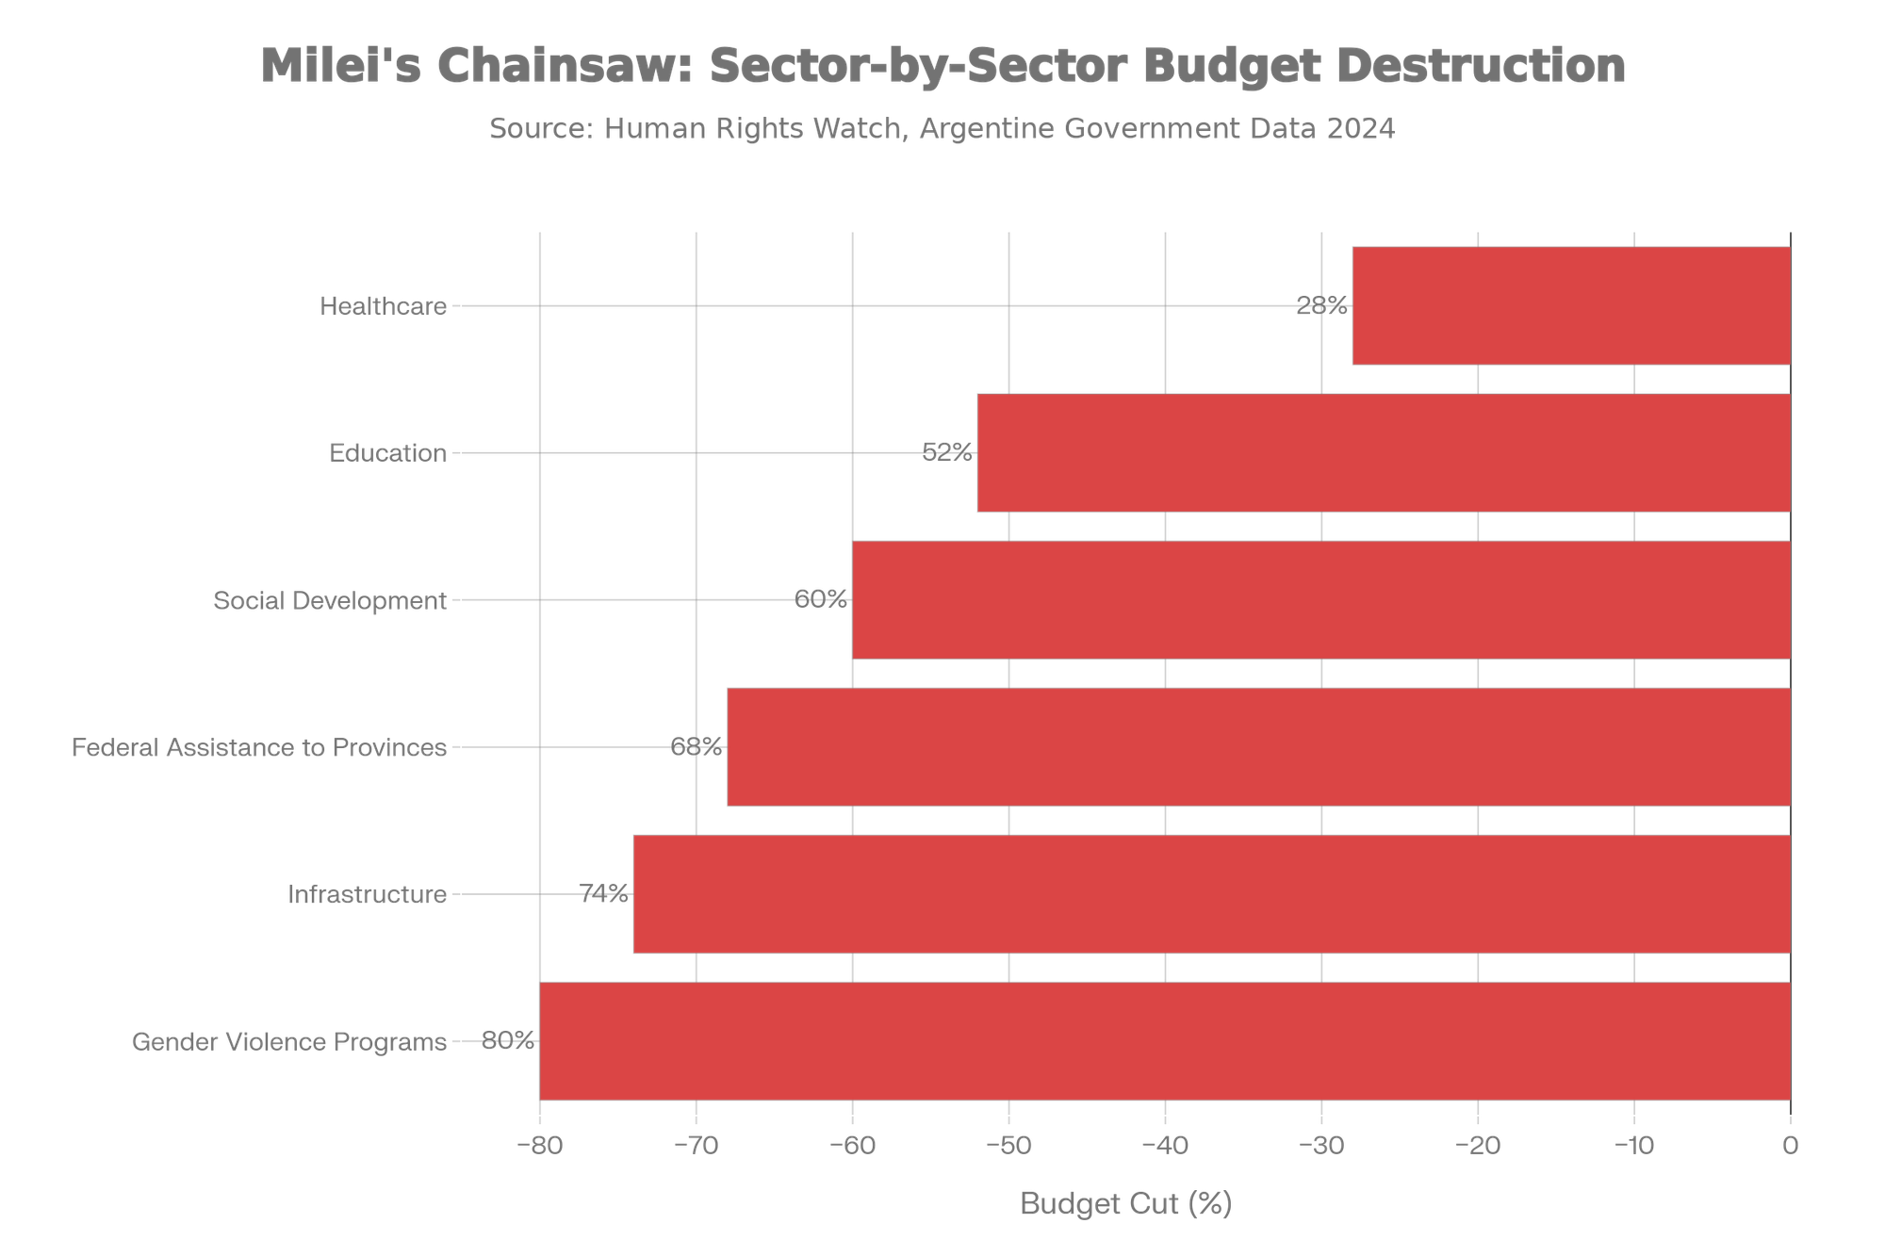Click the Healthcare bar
click(1571, 306)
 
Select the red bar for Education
click(1383, 453)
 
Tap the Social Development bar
click(1320, 600)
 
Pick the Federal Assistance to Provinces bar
click(1258, 747)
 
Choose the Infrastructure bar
click(1211, 894)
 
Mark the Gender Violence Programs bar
click(1164, 1041)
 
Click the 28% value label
click(1322, 306)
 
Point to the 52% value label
click(946, 453)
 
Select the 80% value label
click(508, 1041)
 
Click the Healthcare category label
click(384, 306)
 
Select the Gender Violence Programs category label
click(289, 1041)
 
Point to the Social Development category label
click(330, 600)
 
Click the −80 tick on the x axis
click(539, 1146)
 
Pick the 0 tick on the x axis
click(1791, 1146)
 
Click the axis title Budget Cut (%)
click(1125, 1204)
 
